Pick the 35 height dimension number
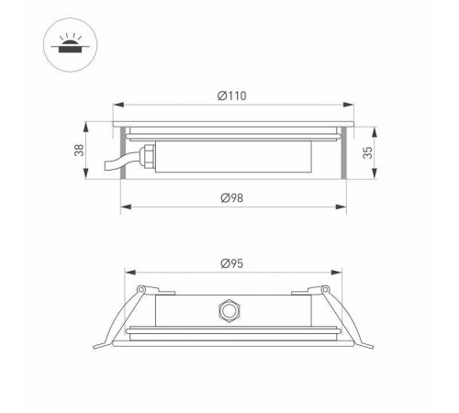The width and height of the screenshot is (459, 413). click(x=369, y=152)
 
